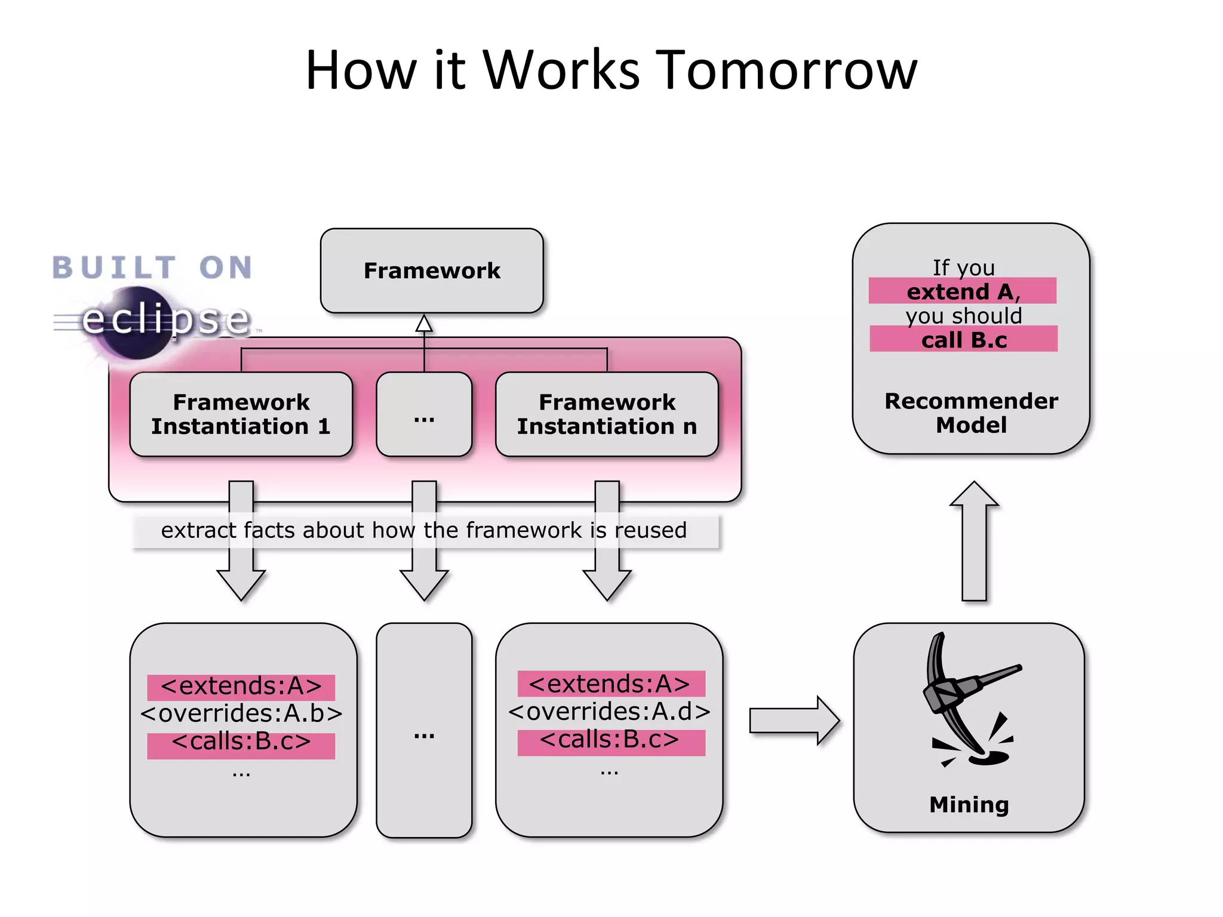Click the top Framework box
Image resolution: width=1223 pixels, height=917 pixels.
click(x=432, y=270)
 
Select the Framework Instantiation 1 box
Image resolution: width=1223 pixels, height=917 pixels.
click(x=241, y=414)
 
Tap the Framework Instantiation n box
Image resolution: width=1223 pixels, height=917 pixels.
click(x=607, y=414)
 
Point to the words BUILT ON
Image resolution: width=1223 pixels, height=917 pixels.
click(x=152, y=267)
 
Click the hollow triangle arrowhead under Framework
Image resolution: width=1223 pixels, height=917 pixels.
click(x=424, y=324)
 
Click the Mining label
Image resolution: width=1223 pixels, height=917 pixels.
click(x=969, y=804)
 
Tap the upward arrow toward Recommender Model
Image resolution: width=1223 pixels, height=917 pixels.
click(x=974, y=540)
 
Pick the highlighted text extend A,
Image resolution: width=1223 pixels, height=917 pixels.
click(x=963, y=291)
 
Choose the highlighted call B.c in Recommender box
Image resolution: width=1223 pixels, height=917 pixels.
click(x=963, y=340)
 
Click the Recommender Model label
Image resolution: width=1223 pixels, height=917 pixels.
click(x=971, y=413)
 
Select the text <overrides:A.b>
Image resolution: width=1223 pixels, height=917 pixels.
click(x=241, y=713)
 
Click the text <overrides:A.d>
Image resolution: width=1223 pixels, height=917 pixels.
click(x=609, y=711)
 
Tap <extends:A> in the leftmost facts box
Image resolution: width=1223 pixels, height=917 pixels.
click(x=241, y=686)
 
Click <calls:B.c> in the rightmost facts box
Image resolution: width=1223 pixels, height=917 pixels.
click(x=609, y=740)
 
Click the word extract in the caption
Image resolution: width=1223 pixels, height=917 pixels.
click(x=198, y=530)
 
